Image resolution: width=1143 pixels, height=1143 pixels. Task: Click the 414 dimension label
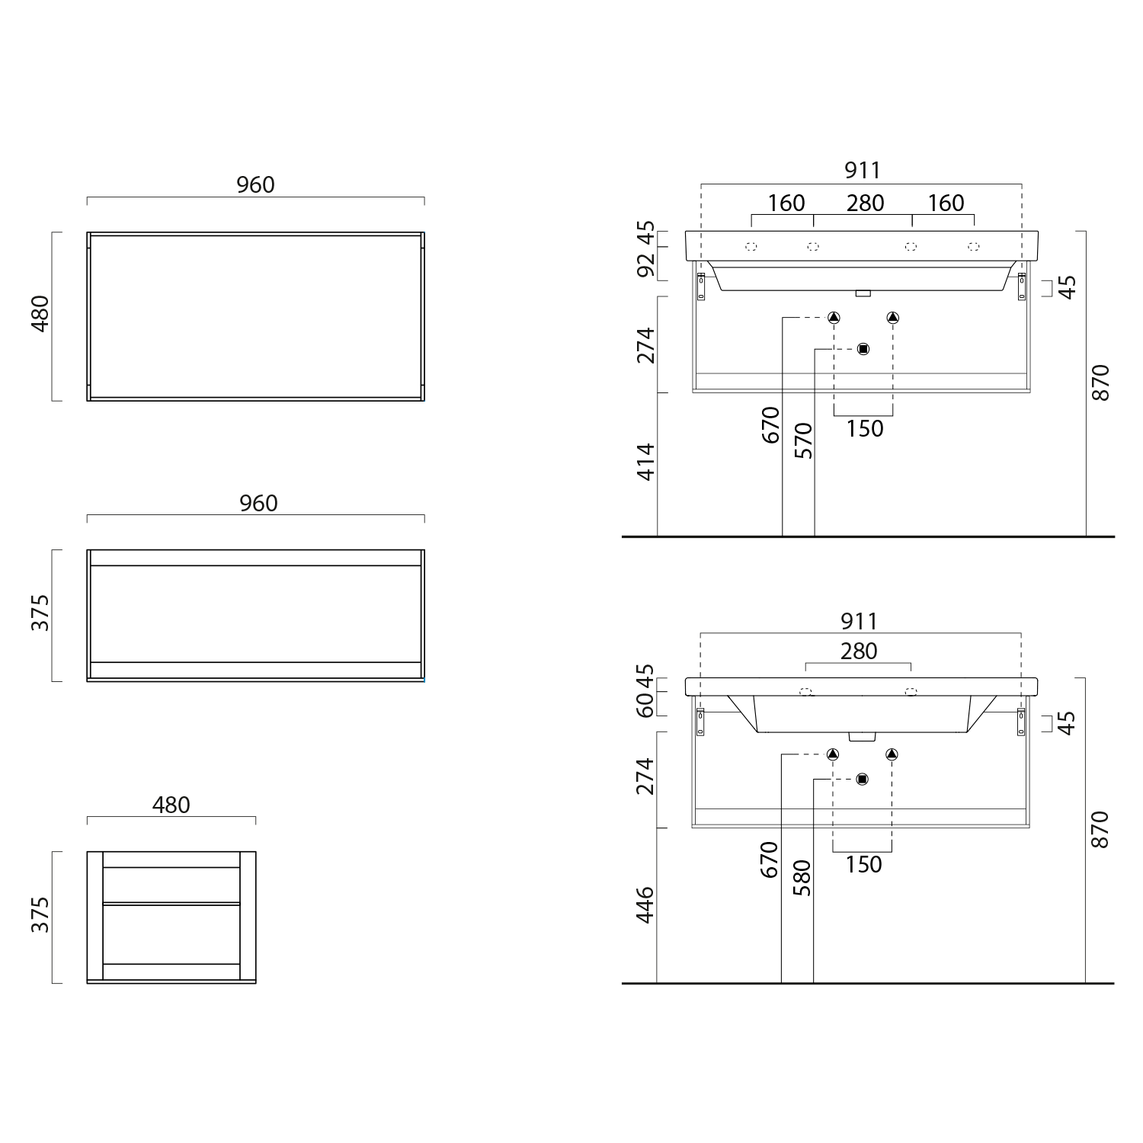tap(645, 462)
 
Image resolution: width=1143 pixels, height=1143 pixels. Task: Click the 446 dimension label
tap(645, 904)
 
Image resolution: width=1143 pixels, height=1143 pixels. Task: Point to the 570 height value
tap(803, 440)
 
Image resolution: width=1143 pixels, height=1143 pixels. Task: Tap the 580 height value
tap(802, 878)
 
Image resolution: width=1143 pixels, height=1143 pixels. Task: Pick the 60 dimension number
tap(645, 705)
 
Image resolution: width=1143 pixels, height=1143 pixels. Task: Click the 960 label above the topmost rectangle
tap(255, 184)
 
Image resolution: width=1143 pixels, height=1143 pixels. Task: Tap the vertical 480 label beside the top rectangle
tap(40, 313)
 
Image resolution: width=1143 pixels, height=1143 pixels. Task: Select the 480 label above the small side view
tap(171, 805)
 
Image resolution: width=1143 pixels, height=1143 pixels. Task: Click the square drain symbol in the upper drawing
tap(863, 349)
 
